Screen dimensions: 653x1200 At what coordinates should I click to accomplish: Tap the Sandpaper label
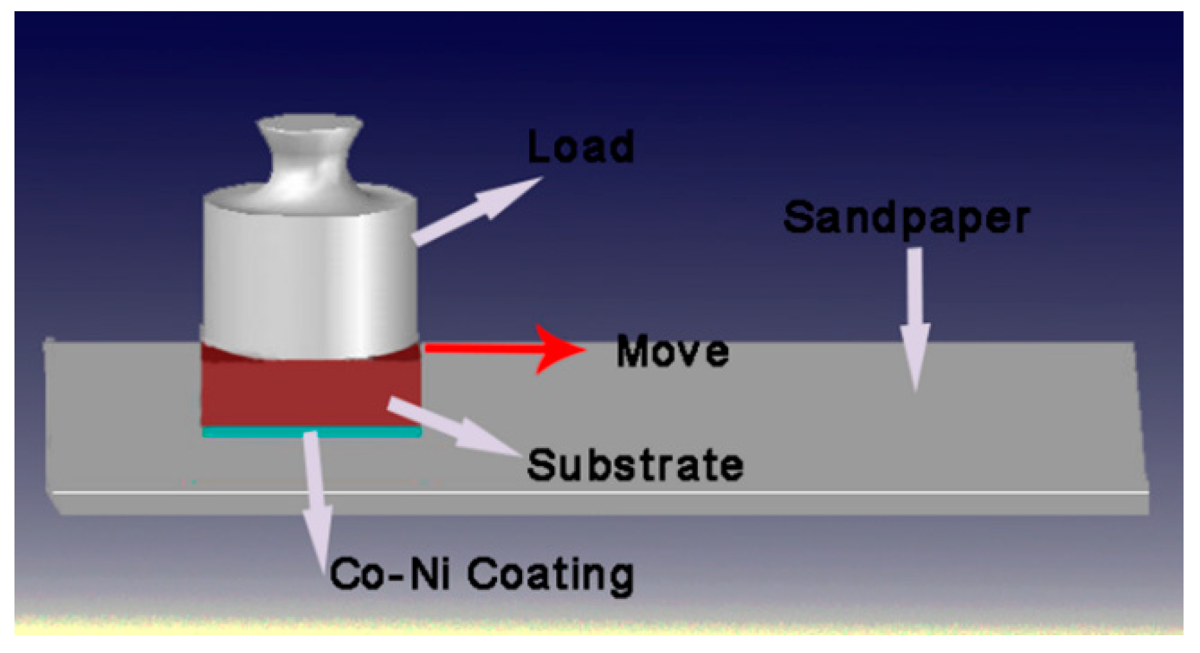pyautogui.click(x=906, y=218)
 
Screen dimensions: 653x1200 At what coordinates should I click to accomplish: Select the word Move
pyautogui.click(x=672, y=351)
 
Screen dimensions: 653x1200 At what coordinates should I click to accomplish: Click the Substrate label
pyautogui.click(x=635, y=465)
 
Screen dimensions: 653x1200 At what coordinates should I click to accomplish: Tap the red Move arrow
pyautogui.click(x=487, y=348)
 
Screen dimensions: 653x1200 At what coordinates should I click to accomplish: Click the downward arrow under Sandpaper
pyautogui.click(x=915, y=316)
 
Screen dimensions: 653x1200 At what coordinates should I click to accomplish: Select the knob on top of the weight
pyautogui.click(x=309, y=152)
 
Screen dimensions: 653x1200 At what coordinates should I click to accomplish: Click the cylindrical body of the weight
pyautogui.click(x=309, y=277)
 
